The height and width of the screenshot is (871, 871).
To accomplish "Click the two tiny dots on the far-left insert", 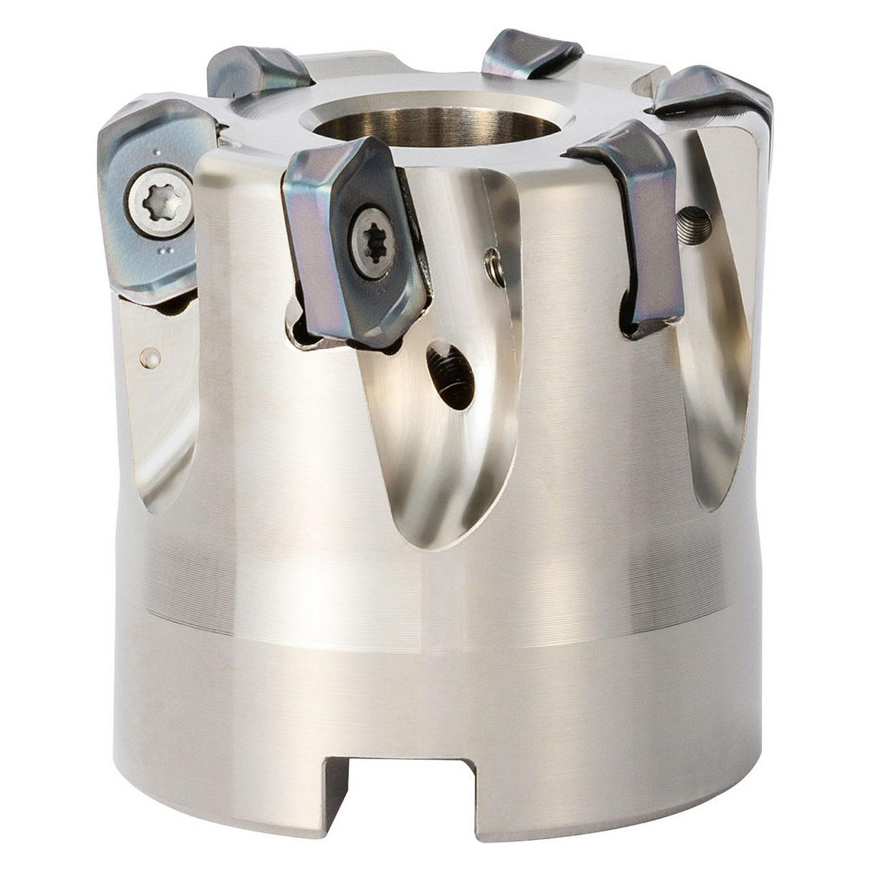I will point(163,252).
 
